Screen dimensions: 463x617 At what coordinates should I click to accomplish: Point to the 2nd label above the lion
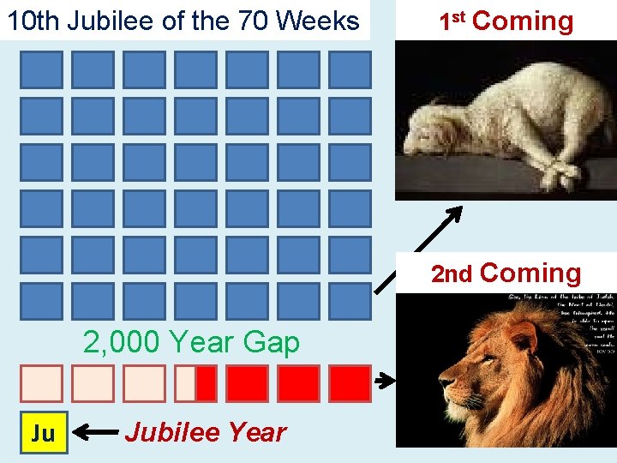(452, 274)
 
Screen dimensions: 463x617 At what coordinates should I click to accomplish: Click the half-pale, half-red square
(195, 383)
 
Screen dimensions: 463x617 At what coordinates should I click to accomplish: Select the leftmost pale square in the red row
(42, 383)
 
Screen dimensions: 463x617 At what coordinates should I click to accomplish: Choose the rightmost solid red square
(350, 383)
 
